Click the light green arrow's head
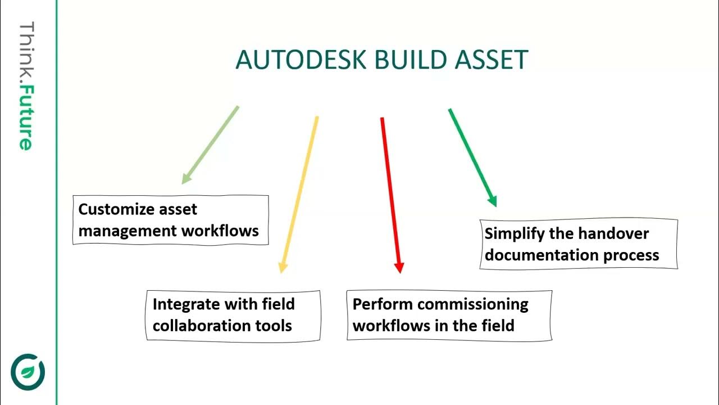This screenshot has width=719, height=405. pos(185,179)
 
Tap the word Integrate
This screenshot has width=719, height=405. pos(186,304)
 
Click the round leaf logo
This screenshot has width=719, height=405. pos(28,372)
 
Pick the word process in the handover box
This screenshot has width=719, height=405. pos(631,255)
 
